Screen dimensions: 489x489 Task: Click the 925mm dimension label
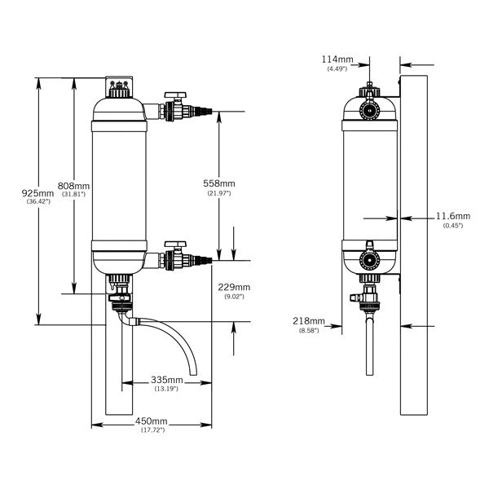pyautogui.click(x=38, y=192)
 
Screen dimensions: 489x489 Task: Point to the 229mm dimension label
pyautogui.click(x=235, y=287)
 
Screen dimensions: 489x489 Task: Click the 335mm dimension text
pyautogui.click(x=165, y=380)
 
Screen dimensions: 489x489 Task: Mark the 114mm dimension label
pyautogui.click(x=337, y=59)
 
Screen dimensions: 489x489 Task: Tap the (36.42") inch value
pyautogui.click(x=38, y=201)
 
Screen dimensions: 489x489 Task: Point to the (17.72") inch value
pyautogui.click(x=152, y=430)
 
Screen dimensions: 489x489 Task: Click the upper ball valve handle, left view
pyautogui.click(x=175, y=95)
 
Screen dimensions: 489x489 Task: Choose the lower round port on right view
pyautogui.click(x=369, y=263)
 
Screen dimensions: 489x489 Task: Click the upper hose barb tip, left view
pyautogui.click(x=214, y=110)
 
